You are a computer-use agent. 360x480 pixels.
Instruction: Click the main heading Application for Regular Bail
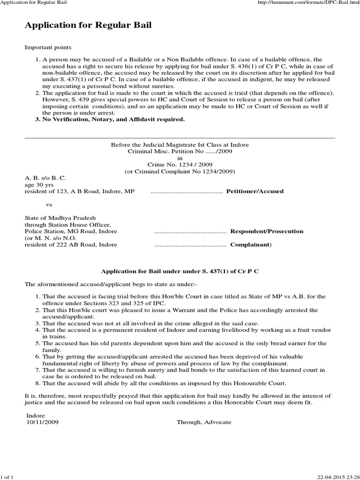(x=88, y=25)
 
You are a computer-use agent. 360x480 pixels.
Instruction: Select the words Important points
(x=48, y=48)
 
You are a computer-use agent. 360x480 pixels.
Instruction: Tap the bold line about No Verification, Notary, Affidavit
(x=113, y=119)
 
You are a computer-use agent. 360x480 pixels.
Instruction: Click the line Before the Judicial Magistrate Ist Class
(x=180, y=145)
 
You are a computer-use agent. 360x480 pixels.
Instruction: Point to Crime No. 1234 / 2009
(x=180, y=165)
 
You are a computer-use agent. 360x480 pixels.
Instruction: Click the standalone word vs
(x=49, y=205)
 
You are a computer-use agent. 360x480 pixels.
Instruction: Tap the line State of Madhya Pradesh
(x=60, y=218)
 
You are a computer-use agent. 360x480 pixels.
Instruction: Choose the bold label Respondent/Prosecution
(x=266, y=231)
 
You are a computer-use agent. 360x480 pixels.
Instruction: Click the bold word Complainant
(x=250, y=245)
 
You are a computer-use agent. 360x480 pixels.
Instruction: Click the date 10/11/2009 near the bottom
(x=43, y=422)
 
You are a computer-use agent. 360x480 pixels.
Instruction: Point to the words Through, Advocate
(x=203, y=422)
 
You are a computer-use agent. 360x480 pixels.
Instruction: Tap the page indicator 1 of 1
(x=7, y=477)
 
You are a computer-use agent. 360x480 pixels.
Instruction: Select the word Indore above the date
(x=36, y=415)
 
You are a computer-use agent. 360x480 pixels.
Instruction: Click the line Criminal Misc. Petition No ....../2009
(x=180, y=151)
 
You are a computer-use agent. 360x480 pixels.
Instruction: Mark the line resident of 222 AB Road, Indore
(x=71, y=245)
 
